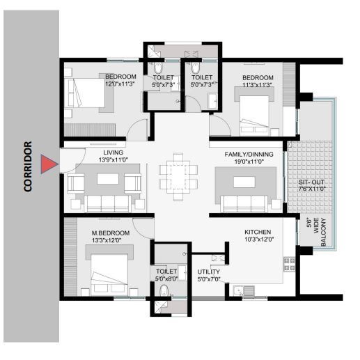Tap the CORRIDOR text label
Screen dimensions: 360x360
[x=29, y=166]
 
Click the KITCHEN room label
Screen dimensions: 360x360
[x=257, y=232]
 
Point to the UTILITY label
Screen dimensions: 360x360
[x=209, y=272]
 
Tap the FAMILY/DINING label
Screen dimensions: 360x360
[x=249, y=153]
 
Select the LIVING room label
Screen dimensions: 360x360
[x=114, y=152]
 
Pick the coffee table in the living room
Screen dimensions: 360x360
[x=107, y=179]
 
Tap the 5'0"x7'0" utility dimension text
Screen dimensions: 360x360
[x=209, y=279]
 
